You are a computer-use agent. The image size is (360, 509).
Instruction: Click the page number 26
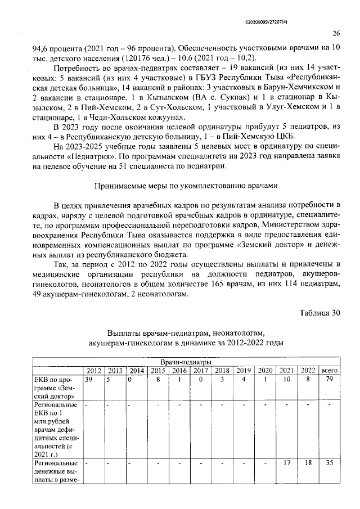(336, 33)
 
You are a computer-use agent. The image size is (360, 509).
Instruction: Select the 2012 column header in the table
(93, 370)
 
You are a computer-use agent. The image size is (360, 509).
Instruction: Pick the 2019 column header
(243, 370)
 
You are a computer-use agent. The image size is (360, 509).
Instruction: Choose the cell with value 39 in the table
(88, 380)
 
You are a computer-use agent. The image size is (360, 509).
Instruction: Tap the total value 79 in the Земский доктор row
(330, 380)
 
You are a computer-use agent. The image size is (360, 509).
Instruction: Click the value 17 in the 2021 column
(287, 464)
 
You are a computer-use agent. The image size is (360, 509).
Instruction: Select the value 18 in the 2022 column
(308, 464)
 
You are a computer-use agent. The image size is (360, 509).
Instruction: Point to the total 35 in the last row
(330, 464)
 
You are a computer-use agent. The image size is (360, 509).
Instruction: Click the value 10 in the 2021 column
(287, 380)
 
